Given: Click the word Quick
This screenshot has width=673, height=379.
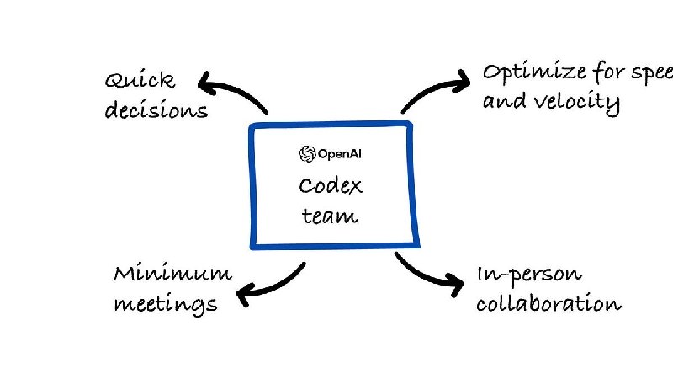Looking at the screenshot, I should pyautogui.click(x=141, y=82).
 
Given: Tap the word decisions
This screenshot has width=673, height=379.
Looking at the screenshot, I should pyautogui.click(x=156, y=109).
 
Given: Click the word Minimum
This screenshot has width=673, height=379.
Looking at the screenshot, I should pyautogui.click(x=172, y=274).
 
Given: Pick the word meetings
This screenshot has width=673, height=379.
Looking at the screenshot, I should pyautogui.click(x=166, y=302).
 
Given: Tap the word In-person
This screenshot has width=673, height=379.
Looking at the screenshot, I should pyautogui.click(x=528, y=275).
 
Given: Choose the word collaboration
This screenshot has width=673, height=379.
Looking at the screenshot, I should pyautogui.click(x=548, y=302).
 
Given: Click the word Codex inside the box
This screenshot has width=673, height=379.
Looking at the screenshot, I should pyautogui.click(x=329, y=186).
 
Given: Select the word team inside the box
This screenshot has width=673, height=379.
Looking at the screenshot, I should pyautogui.click(x=330, y=216).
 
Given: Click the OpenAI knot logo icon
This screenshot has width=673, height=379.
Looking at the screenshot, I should pyautogui.click(x=307, y=153).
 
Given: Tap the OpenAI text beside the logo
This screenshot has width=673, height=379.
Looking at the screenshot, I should pyautogui.click(x=340, y=153).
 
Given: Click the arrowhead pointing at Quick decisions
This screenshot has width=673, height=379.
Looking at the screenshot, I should pyautogui.click(x=207, y=81).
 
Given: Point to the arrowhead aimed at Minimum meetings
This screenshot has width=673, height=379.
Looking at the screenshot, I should pyautogui.click(x=245, y=296).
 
